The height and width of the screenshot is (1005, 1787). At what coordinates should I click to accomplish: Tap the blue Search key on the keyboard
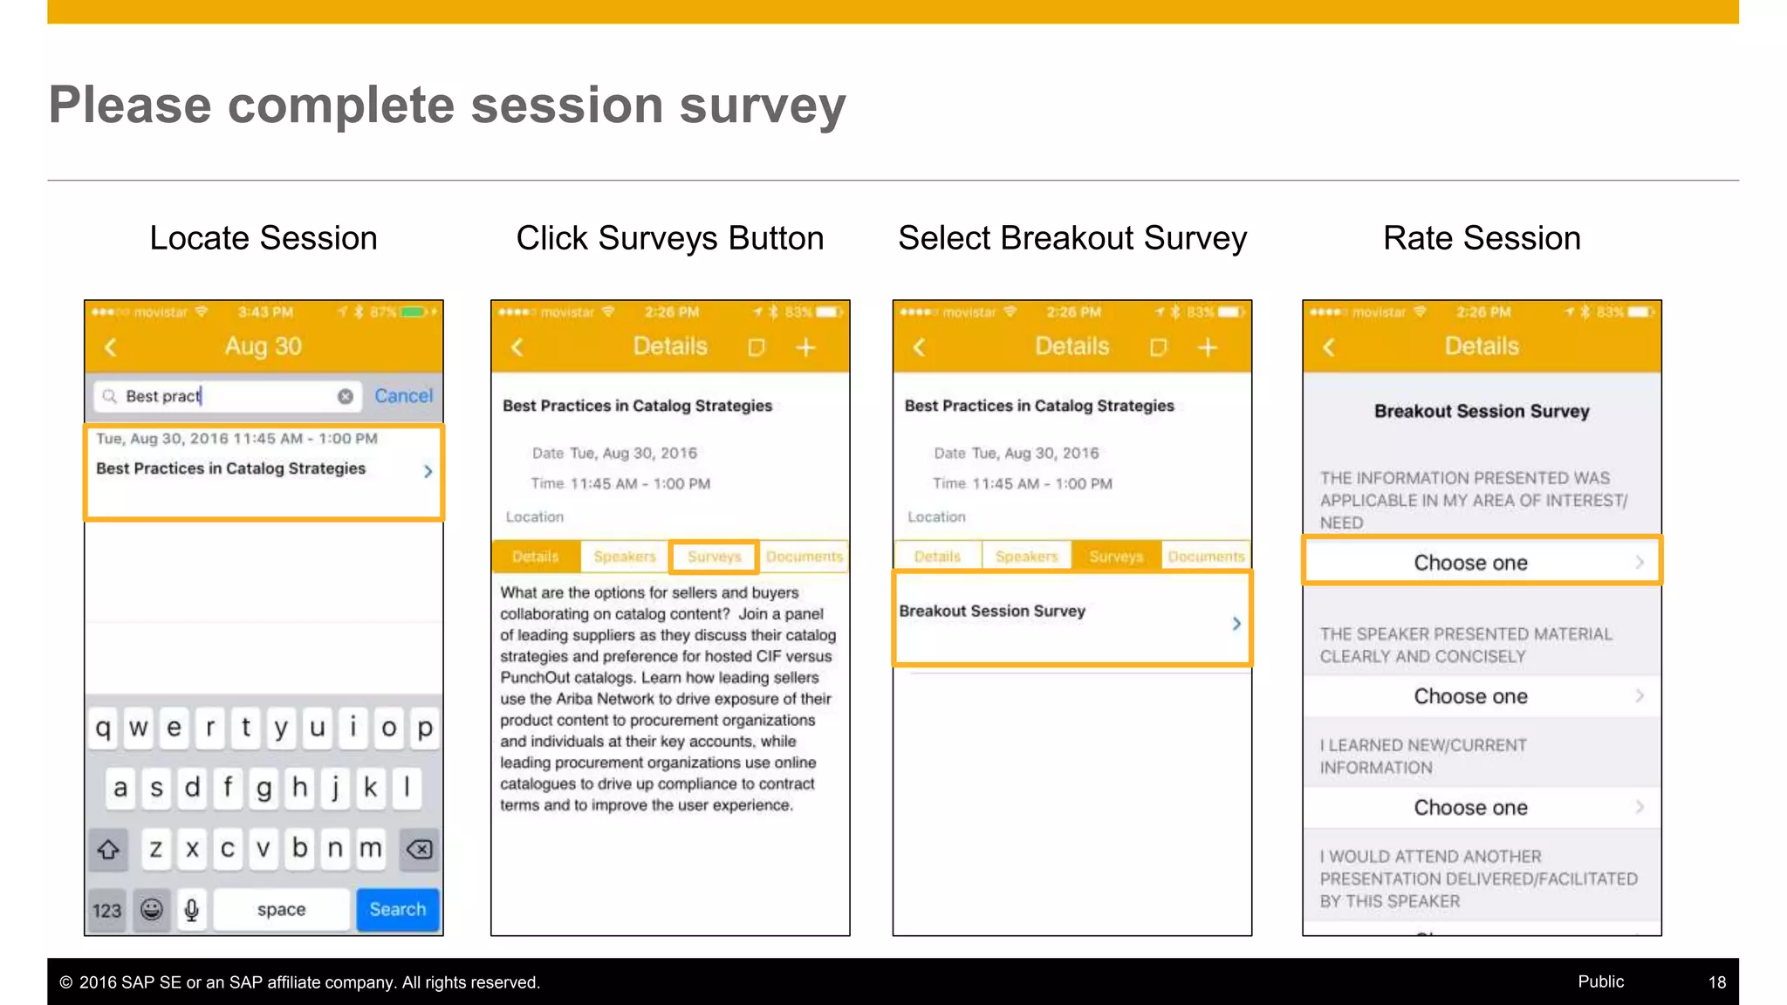(397, 909)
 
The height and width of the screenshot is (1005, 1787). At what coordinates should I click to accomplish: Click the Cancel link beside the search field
(403, 396)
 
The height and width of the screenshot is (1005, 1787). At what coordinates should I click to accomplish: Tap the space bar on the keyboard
(281, 909)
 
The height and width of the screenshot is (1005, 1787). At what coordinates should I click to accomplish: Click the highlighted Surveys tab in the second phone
(714, 557)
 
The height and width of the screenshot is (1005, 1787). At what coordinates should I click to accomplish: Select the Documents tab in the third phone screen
(1206, 557)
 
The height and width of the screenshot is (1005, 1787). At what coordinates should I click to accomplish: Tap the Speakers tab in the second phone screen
(625, 557)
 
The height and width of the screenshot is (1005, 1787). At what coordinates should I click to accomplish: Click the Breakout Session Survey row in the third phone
(1072, 618)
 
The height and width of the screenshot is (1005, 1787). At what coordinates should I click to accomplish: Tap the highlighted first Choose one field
(1481, 563)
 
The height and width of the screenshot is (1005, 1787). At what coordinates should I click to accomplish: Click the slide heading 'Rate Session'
(1481, 238)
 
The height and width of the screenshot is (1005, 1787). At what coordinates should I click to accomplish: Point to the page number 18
(1716, 982)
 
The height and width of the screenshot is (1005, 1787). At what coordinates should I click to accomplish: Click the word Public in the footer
(1600, 981)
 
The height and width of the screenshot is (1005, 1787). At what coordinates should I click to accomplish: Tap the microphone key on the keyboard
(192, 910)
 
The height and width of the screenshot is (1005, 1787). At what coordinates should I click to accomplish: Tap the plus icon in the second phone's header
(805, 348)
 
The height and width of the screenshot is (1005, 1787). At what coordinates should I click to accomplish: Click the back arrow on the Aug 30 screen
(111, 347)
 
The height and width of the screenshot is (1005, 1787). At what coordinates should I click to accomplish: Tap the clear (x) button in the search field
(346, 396)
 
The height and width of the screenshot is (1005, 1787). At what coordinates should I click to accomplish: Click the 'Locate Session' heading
(264, 238)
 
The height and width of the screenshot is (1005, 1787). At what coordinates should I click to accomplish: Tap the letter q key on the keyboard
(103, 728)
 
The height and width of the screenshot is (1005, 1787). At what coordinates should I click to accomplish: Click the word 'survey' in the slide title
(762, 106)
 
